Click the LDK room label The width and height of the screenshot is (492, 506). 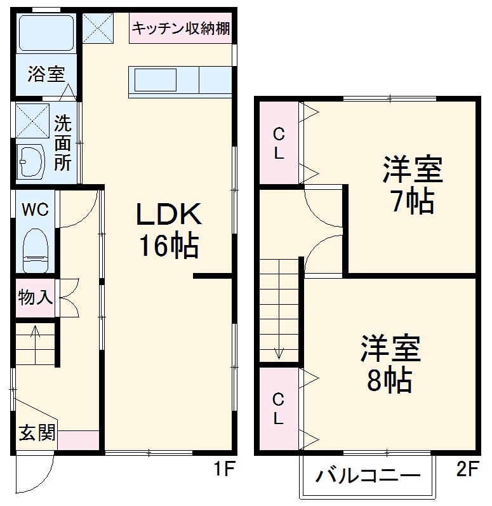point(170,215)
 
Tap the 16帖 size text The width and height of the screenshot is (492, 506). point(169,246)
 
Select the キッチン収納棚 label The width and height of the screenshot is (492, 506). point(181,28)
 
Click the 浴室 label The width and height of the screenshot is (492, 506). point(46,74)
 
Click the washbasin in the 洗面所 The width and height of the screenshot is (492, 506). point(32,161)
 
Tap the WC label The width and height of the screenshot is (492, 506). point(36,210)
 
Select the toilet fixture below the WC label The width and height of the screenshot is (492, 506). point(36,249)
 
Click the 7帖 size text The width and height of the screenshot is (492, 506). point(412,202)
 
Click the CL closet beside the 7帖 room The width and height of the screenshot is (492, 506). point(278,143)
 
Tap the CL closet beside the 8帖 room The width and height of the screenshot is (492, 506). point(278,409)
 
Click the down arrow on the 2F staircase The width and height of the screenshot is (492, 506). point(278,350)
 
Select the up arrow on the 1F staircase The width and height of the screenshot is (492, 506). point(35,331)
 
